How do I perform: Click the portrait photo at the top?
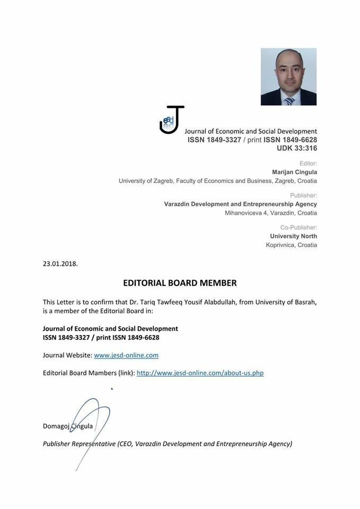(x=288, y=76)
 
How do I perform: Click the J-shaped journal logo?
(x=172, y=120)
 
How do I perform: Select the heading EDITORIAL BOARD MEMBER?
(x=180, y=283)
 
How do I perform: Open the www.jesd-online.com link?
(x=126, y=355)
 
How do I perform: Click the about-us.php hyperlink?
(x=200, y=373)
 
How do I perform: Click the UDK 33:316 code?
(x=296, y=148)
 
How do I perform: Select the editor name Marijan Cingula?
(x=294, y=172)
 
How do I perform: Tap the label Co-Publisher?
(x=298, y=227)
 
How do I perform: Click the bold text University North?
(x=293, y=236)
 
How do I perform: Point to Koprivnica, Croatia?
(x=291, y=245)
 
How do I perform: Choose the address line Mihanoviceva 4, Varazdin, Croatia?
(x=271, y=213)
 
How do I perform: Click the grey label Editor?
(x=308, y=163)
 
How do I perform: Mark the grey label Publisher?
(x=303, y=195)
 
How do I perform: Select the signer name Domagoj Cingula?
(x=67, y=426)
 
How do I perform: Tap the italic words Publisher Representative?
(x=79, y=444)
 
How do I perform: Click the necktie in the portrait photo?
(x=289, y=101)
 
